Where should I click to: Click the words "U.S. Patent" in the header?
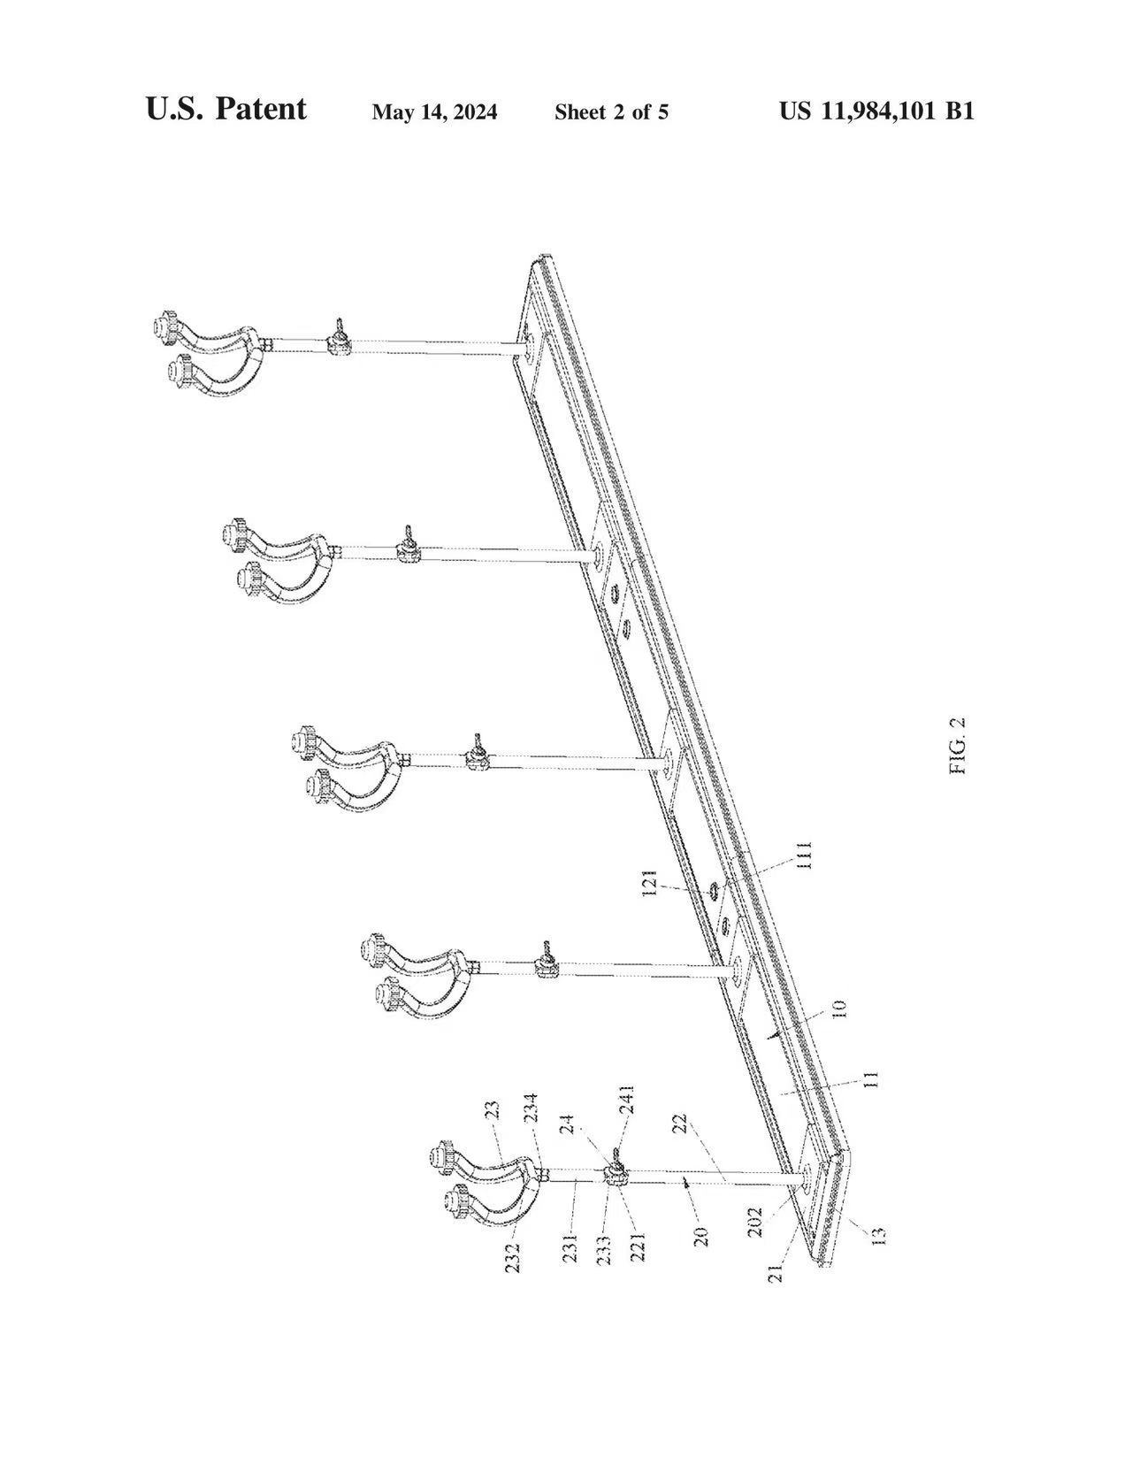[x=226, y=109]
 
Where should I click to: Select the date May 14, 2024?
[x=434, y=112]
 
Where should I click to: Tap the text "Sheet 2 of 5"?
[x=611, y=112]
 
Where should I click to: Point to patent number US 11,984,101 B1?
[x=876, y=111]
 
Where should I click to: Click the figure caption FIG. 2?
[x=958, y=746]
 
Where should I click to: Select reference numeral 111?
[x=804, y=855]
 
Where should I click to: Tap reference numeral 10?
[x=839, y=1009]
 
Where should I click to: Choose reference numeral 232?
[x=513, y=1257]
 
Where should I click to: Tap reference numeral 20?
[x=701, y=1235]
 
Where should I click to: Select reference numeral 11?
[x=871, y=1079]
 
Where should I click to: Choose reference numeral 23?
[x=493, y=1109]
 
